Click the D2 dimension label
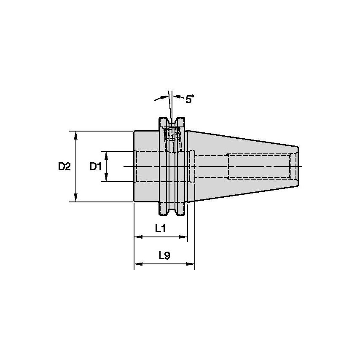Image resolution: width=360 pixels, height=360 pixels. (64, 167)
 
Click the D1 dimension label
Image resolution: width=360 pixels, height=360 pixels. (96, 167)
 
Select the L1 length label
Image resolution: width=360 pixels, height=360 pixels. (161, 228)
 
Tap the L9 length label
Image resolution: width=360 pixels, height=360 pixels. (165, 255)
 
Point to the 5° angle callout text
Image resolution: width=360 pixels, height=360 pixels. (190, 99)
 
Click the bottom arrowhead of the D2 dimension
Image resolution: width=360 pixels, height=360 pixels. (76, 197)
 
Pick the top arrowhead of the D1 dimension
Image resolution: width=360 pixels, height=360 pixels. (106, 156)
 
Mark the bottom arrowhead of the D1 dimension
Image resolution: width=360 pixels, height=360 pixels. (106, 177)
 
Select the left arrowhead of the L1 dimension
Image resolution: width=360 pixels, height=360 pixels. (138, 237)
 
